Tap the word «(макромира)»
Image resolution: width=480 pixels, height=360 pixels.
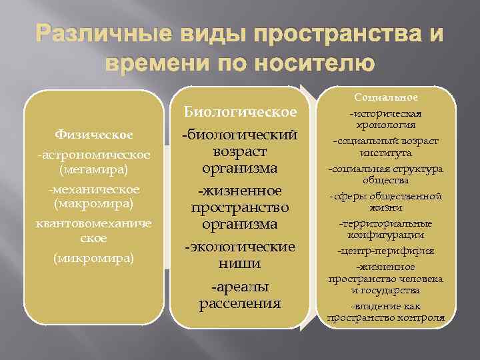(93, 201)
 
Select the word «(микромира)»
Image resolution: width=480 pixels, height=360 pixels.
(93, 257)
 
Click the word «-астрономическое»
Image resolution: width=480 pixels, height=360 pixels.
(93, 155)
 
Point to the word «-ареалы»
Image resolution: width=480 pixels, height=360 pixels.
(240, 287)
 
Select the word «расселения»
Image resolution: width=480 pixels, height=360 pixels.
(240, 304)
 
